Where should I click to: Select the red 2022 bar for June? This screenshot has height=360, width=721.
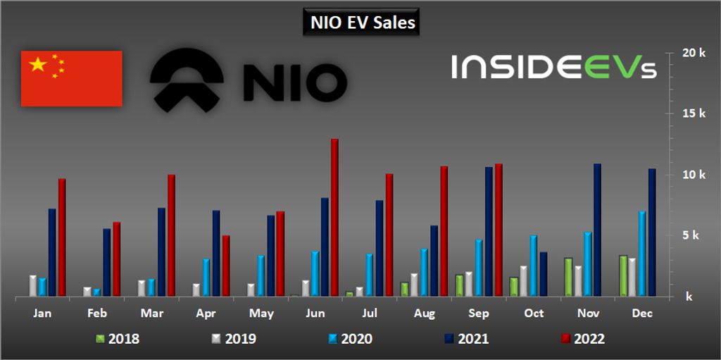[334, 218]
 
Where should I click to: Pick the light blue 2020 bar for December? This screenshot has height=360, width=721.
[641, 254]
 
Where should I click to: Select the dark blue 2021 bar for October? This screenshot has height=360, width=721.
[542, 274]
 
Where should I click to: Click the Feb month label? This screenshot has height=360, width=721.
[96, 313]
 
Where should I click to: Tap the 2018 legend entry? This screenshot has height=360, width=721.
[118, 339]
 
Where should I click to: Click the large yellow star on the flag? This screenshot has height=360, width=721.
[38, 66]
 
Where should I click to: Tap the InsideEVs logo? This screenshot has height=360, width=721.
[553, 67]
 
